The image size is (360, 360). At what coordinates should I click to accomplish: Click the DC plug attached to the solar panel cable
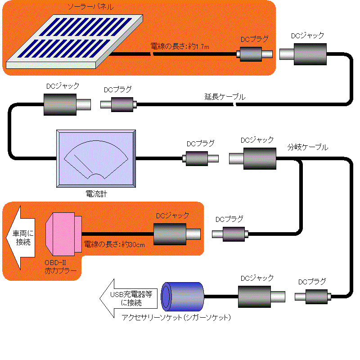[255, 54]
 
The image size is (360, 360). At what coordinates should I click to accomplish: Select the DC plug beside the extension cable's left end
[118, 104]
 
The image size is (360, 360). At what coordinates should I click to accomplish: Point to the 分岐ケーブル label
[308, 147]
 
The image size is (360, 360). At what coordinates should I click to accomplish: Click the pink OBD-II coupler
[63, 234]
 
